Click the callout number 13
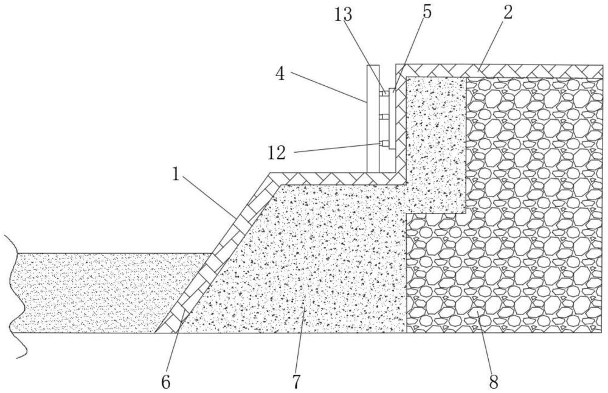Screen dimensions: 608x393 coord(344,15)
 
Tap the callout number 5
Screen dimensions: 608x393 coord(427,12)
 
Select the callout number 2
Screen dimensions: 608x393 coord(508,12)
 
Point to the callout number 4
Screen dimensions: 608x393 coord(280,74)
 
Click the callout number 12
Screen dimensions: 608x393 coord(277,153)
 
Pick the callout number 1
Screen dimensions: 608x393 coord(176,174)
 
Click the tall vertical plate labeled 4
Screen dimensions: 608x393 coord(373,119)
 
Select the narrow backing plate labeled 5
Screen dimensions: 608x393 coord(392,119)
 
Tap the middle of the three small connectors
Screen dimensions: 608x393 coord(384,118)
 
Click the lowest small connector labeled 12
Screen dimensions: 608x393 coord(384,144)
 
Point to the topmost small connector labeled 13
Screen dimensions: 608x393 coord(384,94)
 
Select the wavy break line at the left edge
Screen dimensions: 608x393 coord(15,297)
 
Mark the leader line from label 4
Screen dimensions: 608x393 coord(328,87)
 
